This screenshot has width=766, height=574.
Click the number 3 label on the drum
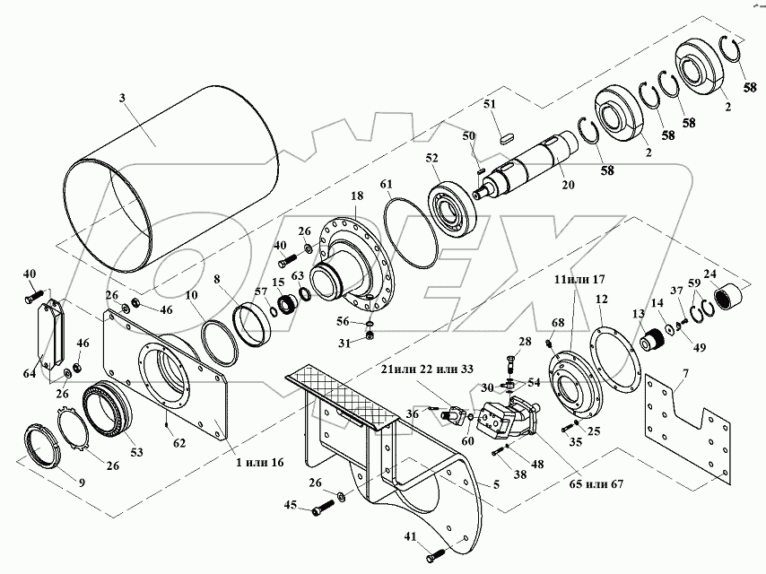pyautogui.click(x=122, y=98)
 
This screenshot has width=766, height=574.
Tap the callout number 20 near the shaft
pyautogui.click(x=568, y=185)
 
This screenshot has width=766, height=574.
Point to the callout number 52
pyautogui.click(x=431, y=158)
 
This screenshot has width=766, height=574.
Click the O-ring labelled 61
pyautogui.click(x=411, y=232)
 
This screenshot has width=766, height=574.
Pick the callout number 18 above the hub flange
pyautogui.click(x=357, y=196)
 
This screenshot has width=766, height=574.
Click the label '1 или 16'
pyautogui.click(x=259, y=462)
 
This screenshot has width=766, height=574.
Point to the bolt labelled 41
pyautogui.click(x=437, y=555)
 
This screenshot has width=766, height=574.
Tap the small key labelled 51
pyautogui.click(x=506, y=137)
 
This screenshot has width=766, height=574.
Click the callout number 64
pyautogui.click(x=30, y=374)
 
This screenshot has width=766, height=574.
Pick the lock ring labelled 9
pyautogui.click(x=42, y=447)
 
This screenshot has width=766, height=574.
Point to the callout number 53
pyautogui.click(x=136, y=452)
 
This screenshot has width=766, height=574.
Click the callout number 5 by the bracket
pyautogui.click(x=496, y=484)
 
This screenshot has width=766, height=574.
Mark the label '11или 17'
pyautogui.click(x=579, y=280)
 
